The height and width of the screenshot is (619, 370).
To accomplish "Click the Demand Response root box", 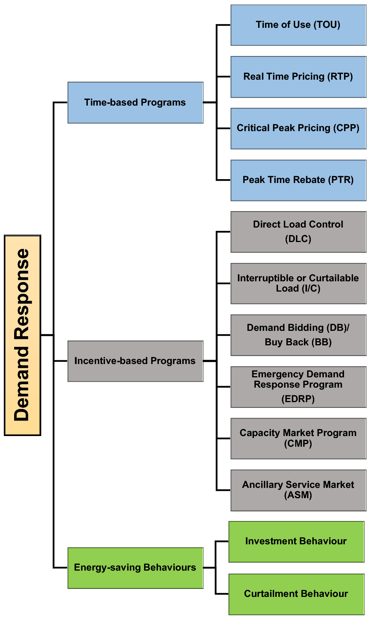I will click(22, 335).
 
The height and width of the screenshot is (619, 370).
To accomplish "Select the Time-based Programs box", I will click(135, 103).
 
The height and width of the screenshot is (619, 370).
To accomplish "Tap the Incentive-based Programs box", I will click(135, 361).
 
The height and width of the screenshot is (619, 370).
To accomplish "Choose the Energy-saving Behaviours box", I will click(135, 568).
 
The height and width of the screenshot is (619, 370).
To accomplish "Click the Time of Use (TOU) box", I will click(298, 25).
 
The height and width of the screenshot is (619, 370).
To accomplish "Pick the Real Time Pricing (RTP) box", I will click(298, 77).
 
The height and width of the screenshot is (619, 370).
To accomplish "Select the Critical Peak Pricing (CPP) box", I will click(298, 128).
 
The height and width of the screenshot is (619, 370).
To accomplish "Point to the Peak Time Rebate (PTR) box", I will click(298, 180).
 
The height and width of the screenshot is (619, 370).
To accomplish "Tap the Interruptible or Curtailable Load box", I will click(298, 283).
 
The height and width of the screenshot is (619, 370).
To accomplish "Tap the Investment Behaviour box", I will click(296, 542).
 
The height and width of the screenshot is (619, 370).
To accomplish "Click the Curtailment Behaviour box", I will click(296, 594).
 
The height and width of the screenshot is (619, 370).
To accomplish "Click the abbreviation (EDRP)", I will click(298, 399).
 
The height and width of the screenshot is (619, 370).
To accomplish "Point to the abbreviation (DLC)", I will click(298, 239).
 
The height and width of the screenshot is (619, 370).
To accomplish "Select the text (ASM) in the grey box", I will click(298, 495).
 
